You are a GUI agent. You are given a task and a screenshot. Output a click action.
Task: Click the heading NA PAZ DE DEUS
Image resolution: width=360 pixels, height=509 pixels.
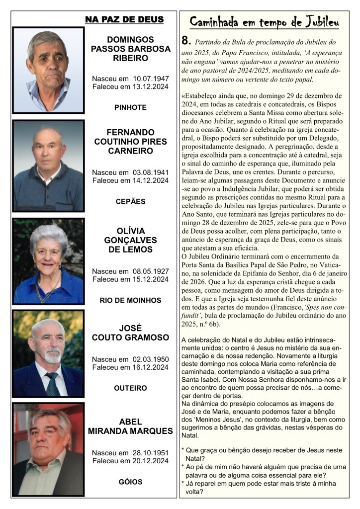coord(124,19)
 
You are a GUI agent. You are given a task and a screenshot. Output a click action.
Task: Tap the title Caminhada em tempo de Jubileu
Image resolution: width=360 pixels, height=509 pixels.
coord(265,22)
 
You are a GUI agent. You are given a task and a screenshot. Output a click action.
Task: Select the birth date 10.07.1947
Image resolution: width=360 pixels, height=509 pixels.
coord(151,79)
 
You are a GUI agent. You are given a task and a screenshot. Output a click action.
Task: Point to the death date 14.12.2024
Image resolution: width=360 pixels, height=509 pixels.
coord(148,180)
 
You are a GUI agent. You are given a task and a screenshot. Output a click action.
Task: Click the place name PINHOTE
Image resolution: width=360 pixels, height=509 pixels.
coord(130,107)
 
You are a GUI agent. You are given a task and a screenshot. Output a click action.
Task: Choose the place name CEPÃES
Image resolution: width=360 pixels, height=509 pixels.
coord(130,201)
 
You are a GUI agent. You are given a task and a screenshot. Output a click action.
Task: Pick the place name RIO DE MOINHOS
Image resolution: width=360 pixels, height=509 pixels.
coord(130,300)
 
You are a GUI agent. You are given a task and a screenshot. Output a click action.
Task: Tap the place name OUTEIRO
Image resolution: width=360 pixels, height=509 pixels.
coord(130,388)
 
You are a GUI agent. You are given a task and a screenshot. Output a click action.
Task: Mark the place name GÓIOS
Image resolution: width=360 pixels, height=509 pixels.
coord(130,482)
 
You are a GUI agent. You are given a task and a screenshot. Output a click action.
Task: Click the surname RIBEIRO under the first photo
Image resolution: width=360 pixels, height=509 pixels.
coord(130,58)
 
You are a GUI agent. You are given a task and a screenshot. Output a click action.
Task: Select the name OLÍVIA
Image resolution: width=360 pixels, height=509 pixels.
coord(130,231)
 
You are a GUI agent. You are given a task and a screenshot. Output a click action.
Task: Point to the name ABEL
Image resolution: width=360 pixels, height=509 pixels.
coord(130,421)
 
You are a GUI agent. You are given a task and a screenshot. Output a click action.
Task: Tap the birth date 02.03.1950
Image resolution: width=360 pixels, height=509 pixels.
coord(151,359)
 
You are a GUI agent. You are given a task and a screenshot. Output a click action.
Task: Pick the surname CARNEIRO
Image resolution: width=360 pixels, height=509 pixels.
coord(130,151)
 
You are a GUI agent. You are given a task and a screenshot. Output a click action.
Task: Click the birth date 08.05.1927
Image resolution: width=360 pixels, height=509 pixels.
coord(151,271)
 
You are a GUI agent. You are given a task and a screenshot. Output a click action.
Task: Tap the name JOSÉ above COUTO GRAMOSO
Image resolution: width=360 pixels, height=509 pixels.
coord(130,328)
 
